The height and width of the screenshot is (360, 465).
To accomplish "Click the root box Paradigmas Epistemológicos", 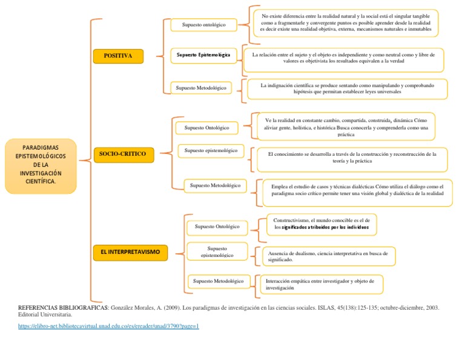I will point(41,165).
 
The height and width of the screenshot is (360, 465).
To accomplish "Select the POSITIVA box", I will point(118,56).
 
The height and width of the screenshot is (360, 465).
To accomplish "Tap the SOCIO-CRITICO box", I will point(123,155).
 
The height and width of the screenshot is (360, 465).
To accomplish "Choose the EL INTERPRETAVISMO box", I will point(130,251).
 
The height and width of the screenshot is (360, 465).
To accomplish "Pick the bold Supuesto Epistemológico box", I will point(203,55).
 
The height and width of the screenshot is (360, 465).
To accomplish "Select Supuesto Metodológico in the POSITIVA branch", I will point(201,88).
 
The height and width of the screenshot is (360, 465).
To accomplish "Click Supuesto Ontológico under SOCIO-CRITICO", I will point(206,128).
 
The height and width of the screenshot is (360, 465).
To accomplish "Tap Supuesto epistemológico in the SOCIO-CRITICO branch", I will point(210,150).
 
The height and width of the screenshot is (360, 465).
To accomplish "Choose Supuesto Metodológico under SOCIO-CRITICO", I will point(215,185).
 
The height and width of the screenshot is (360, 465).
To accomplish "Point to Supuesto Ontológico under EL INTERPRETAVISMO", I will point(217,227).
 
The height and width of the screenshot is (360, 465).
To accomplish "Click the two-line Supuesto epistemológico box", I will point(217,252).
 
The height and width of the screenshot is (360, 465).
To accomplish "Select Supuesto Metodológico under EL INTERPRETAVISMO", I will point(219,281).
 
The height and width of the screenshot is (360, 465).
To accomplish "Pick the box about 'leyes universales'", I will point(347,89).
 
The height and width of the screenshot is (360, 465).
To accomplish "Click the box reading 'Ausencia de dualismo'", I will point(328,256).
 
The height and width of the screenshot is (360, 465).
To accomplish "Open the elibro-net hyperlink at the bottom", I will point(108,326).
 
